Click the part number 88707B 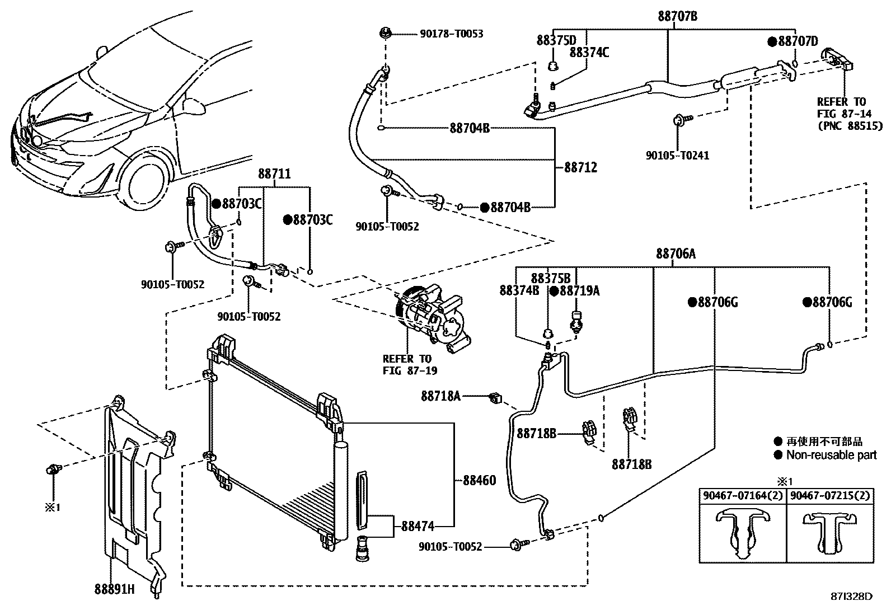pos(677,16)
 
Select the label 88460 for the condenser pos(479,480)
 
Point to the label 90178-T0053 pos(451,34)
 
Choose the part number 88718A pos(441,396)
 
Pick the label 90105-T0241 pos(677,156)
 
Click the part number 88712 pos(580,167)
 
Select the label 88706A pos(676,254)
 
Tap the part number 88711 pos(274,174)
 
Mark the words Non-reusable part pos(831,455)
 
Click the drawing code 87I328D pos(852,597)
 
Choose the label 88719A pos(579,290)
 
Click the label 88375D pos(556,40)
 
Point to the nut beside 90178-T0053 pos(385,34)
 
